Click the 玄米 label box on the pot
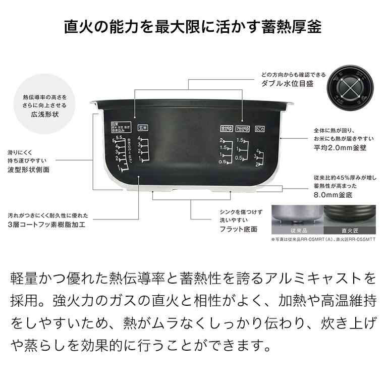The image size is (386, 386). [143, 128]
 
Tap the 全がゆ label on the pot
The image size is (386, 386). [226, 128]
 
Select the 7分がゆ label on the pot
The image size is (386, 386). [243, 128]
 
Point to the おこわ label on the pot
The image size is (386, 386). [260, 128]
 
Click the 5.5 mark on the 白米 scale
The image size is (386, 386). [120, 138]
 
